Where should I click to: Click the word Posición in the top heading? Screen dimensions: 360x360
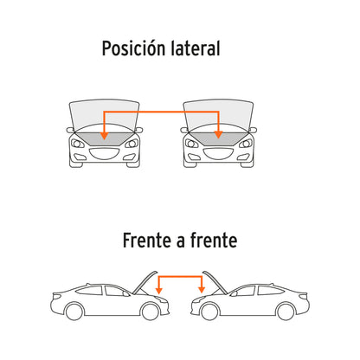(134, 48)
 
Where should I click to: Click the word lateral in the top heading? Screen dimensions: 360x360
(196, 48)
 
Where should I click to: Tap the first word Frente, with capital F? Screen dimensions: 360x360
(147, 241)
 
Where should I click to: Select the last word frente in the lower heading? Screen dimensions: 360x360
(214, 241)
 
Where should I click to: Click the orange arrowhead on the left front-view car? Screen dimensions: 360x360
(104, 136)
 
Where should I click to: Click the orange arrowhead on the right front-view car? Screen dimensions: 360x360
(218, 134)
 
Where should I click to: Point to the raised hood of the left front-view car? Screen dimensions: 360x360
(104, 114)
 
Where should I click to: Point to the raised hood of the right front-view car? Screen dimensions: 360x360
(218, 114)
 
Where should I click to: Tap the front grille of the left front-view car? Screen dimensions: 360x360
(105, 154)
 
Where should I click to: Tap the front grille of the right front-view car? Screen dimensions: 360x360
(219, 154)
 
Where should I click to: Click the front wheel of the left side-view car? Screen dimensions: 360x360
(150, 312)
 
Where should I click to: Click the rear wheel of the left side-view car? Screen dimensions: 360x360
(74, 312)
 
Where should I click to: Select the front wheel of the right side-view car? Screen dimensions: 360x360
(209, 312)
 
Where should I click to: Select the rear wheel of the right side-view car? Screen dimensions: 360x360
(286, 312)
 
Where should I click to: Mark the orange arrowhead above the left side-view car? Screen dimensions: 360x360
(158, 290)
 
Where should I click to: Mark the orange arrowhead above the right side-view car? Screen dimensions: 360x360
(202, 290)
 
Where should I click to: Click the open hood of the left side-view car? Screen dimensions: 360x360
(145, 283)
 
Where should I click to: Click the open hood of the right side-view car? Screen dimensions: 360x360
(215, 283)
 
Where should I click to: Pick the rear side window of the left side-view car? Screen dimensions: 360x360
(89, 290)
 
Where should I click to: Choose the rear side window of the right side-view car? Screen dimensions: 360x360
(270, 290)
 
